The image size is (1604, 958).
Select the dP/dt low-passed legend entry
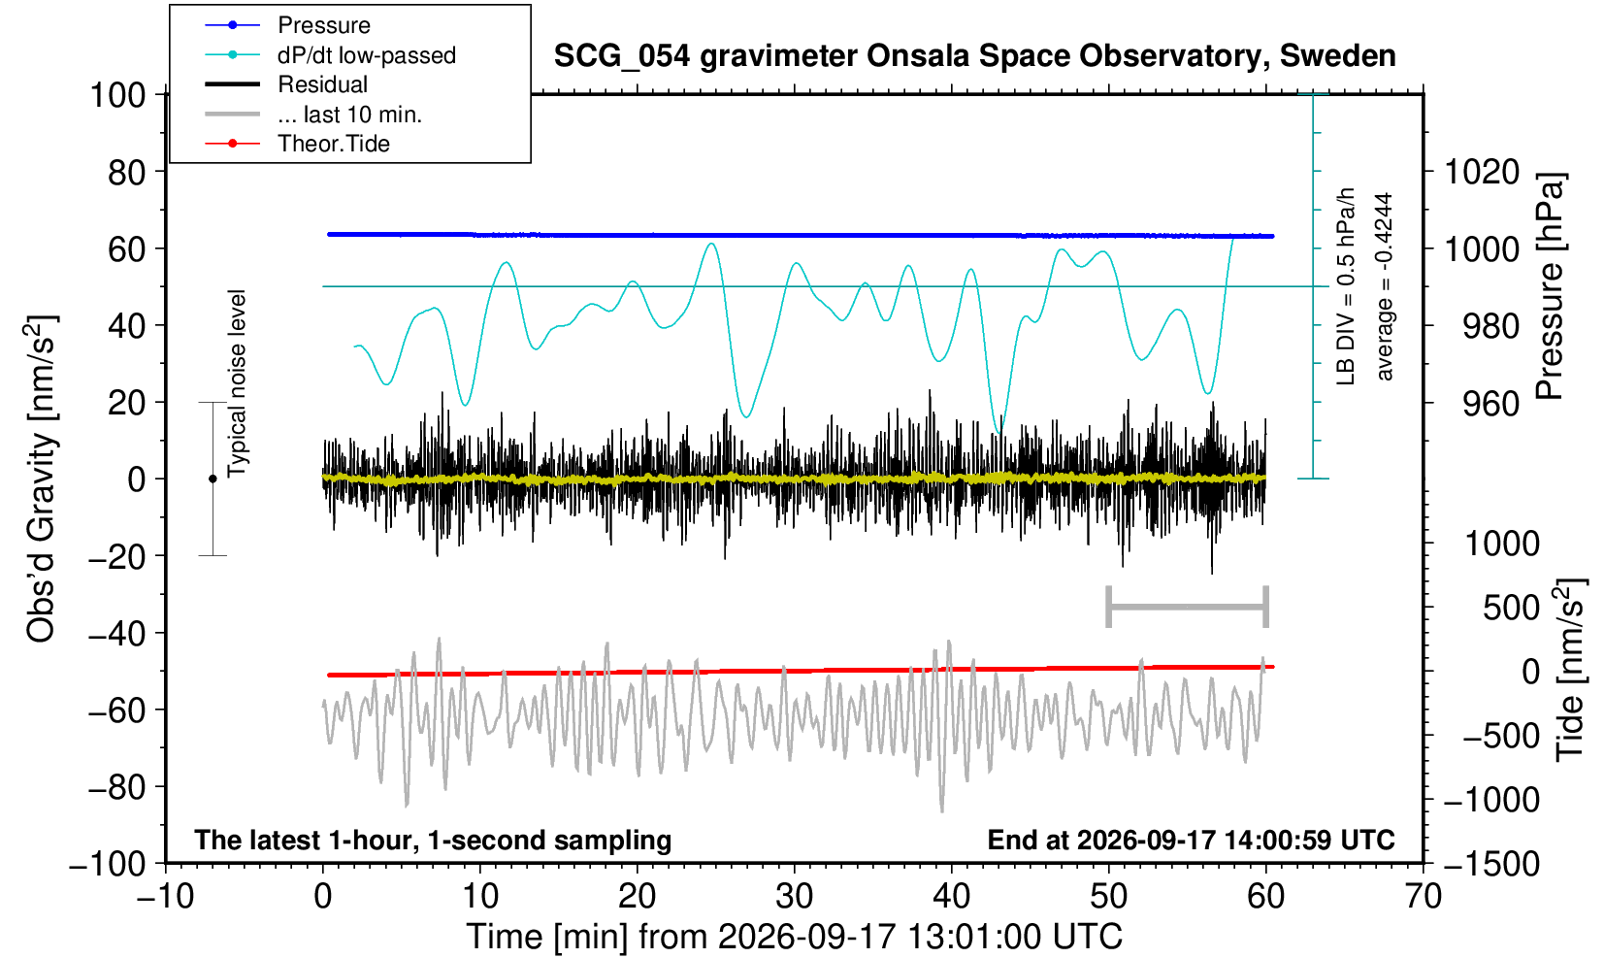pos(330,55)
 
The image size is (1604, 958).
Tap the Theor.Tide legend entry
pos(297,144)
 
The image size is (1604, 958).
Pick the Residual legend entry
pos(286,84)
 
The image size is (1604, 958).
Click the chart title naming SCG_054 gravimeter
pos(974,56)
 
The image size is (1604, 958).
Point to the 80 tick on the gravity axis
pos(127,172)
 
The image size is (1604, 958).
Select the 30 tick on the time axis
pos(794,897)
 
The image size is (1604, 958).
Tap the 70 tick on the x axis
pos(1423,897)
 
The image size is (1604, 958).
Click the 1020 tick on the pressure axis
pos(1482,172)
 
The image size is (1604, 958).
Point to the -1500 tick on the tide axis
pos(1491,864)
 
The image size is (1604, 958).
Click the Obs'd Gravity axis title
pos(41,479)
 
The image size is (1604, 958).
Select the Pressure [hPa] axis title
pos(1551,286)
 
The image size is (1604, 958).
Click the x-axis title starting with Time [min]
pos(794,937)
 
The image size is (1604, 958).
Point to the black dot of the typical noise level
pos(213,479)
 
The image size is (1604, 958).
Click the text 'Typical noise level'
pos(237,383)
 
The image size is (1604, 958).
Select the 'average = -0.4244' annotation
pos(1384,286)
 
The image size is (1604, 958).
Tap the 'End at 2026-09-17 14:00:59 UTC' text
pos(1191,840)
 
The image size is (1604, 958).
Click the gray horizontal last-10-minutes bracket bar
pos(1188,607)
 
